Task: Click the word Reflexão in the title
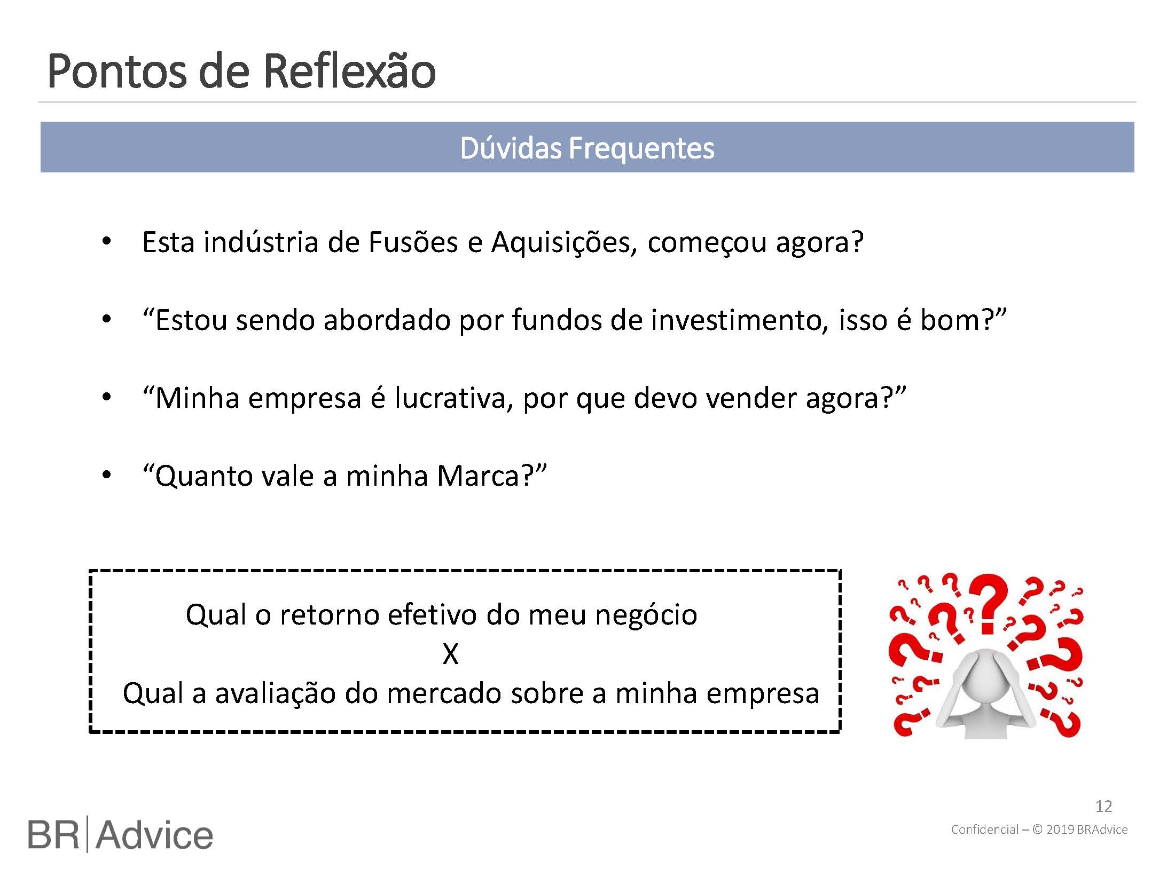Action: point(350,70)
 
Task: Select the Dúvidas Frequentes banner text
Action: point(587,148)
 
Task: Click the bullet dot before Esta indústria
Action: point(107,242)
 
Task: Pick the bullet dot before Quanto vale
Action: point(107,476)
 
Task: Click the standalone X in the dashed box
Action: point(450,654)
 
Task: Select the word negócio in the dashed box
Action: point(646,615)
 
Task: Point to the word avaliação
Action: point(275,693)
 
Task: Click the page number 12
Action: point(1103,807)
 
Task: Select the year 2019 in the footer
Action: point(1060,829)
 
